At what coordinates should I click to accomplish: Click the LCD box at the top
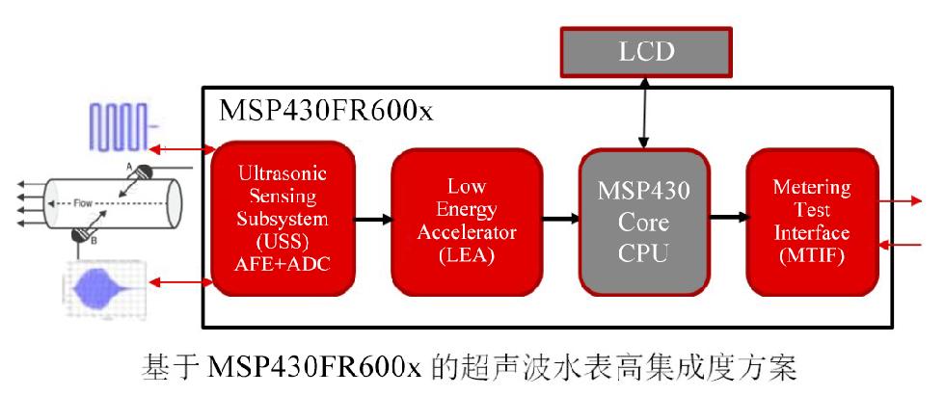(646, 50)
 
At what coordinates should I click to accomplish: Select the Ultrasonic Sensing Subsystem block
(283, 217)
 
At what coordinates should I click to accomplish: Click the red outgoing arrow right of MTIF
(904, 201)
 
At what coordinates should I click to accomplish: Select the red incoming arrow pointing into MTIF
(904, 246)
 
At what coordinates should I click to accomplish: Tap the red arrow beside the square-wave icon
(183, 149)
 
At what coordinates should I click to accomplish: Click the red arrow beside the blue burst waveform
(183, 282)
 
